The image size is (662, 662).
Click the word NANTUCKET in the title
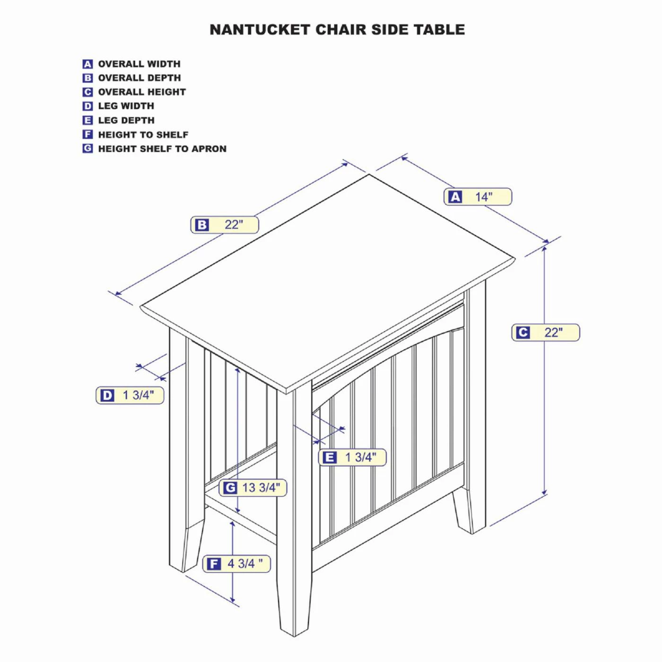coord(260,30)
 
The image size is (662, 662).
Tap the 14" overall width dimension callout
coord(478,197)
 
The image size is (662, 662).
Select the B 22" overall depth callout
coord(225,225)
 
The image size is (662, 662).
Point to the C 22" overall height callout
coord(546,332)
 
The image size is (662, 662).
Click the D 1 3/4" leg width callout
coord(130,395)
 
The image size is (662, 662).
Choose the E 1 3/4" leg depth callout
coord(352,457)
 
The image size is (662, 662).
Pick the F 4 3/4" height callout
coord(236,564)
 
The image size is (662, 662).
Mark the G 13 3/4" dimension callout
coord(253,488)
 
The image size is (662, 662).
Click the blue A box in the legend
coord(87,64)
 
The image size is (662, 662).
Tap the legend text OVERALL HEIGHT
coord(142,92)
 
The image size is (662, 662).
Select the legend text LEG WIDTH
coord(126,106)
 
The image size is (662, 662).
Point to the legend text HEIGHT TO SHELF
coord(143,135)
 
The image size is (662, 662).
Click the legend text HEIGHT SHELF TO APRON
coord(162,149)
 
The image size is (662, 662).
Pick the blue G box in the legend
coord(87,148)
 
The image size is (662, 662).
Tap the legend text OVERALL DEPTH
coord(139,78)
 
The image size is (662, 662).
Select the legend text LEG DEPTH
coord(126,120)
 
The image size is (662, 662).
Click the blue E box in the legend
coord(87,120)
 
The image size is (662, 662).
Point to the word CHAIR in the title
coord(336,30)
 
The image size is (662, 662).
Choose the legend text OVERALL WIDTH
coord(139,64)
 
